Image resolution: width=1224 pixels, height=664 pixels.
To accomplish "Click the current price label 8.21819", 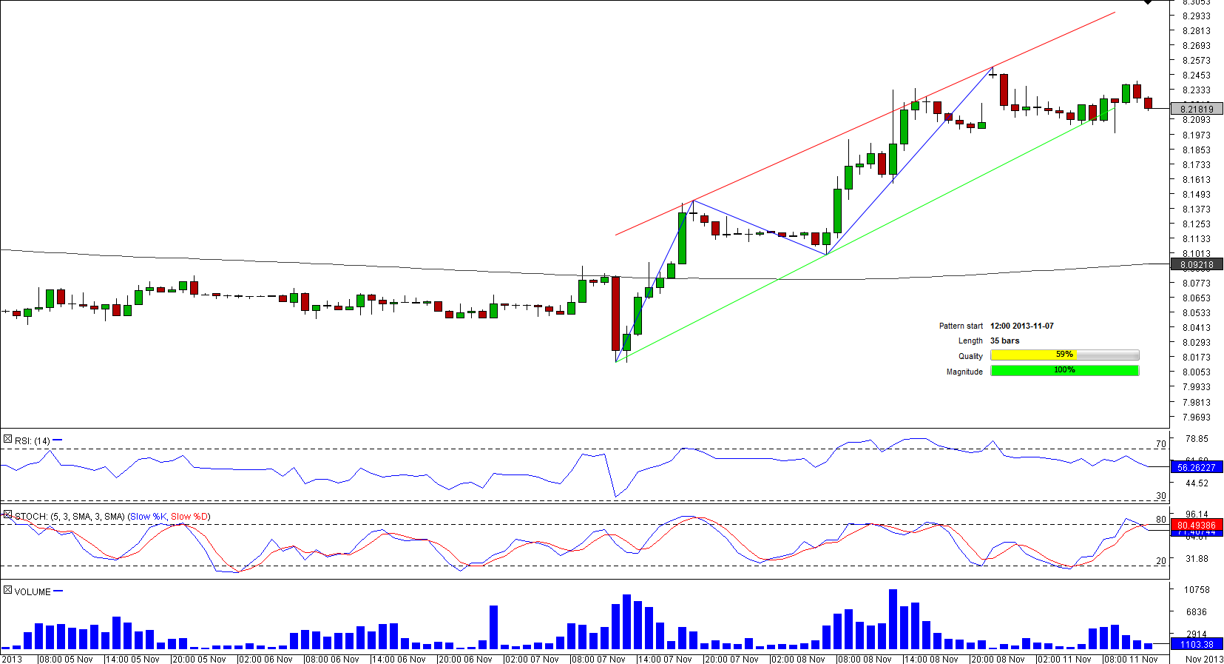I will (x=1197, y=109).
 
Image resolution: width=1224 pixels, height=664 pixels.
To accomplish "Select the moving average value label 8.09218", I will (x=1197, y=264).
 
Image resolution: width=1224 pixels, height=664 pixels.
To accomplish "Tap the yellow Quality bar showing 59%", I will (x=1064, y=355).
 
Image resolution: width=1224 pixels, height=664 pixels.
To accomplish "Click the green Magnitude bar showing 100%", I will (x=1064, y=370).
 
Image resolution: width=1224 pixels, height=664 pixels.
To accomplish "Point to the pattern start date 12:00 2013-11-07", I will (x=1021, y=326).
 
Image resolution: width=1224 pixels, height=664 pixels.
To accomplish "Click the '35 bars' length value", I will (x=1004, y=341).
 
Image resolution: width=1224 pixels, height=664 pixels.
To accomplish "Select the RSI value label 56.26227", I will (x=1197, y=467).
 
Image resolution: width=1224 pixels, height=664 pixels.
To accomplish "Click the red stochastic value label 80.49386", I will (x=1197, y=525).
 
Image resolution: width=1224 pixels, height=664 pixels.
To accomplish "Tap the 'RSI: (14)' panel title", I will (x=33, y=440).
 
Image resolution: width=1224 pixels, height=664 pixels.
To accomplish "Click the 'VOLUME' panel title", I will (x=33, y=591).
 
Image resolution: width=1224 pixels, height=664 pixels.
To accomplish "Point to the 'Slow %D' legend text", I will (x=189, y=516).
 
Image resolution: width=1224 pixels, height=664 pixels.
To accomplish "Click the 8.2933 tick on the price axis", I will (x=1197, y=16).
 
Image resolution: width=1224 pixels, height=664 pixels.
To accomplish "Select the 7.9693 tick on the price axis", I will (x=1197, y=417).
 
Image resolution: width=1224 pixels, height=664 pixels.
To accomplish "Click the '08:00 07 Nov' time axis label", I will (x=598, y=659).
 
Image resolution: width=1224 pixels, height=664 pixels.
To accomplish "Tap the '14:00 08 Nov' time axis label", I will (x=931, y=659).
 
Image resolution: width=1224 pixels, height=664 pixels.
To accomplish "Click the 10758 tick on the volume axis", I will (x=1197, y=589).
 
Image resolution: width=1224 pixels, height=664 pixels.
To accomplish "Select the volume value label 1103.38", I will (x=1197, y=645).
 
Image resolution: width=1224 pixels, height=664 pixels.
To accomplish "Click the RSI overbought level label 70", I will (x=1160, y=444).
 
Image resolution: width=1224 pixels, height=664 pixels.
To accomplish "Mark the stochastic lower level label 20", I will (x=1160, y=560).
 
